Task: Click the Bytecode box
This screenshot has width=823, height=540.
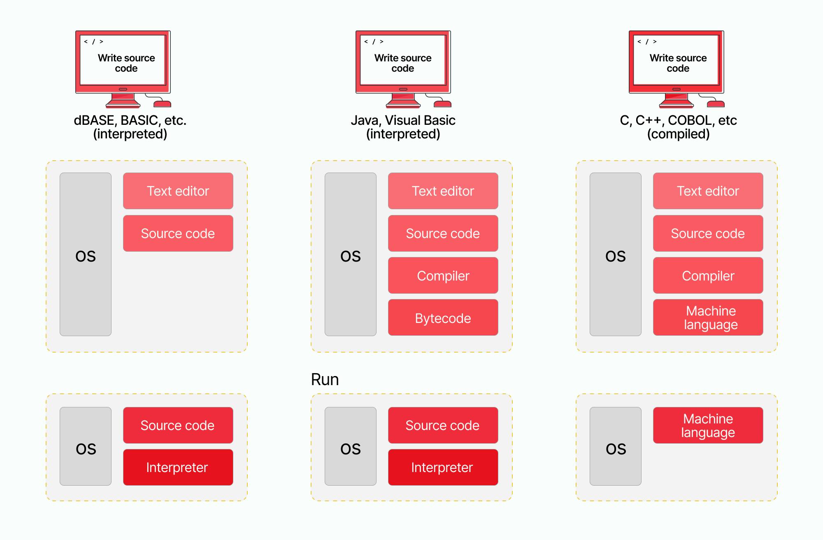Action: pyautogui.click(x=443, y=318)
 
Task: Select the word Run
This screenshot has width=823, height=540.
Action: pyautogui.click(x=325, y=379)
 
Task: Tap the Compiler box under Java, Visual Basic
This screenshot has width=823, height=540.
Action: pyautogui.click(x=443, y=276)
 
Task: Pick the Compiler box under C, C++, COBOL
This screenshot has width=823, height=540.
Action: pyautogui.click(x=708, y=276)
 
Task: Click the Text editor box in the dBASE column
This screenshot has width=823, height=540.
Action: pyautogui.click(x=178, y=191)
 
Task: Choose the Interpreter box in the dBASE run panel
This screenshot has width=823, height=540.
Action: pyautogui.click(x=178, y=467)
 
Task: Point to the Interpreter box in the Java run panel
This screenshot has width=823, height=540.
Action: pyautogui.click(x=443, y=467)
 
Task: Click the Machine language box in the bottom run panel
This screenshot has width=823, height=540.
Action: pyautogui.click(x=708, y=425)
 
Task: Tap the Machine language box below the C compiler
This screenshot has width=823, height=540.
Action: pyautogui.click(x=708, y=318)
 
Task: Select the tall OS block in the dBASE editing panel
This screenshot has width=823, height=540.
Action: pyautogui.click(x=86, y=254)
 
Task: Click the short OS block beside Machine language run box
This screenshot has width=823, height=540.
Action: pyautogui.click(x=615, y=446)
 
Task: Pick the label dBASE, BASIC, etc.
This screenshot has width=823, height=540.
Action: pyautogui.click(x=130, y=120)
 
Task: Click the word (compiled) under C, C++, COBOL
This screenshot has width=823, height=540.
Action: pyautogui.click(x=678, y=134)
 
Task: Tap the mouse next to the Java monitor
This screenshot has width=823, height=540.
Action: pyautogui.click(x=443, y=103)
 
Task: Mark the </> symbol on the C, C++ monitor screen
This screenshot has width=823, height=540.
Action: pyautogui.click(x=646, y=42)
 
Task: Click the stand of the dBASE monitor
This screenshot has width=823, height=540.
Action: pyautogui.click(x=123, y=100)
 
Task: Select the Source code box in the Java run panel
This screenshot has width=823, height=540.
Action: pyautogui.click(x=443, y=425)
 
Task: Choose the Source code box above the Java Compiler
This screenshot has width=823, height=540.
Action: pyautogui.click(x=443, y=234)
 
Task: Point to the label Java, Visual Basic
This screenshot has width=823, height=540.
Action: pyautogui.click(x=403, y=120)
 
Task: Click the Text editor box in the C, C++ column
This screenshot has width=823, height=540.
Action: pyautogui.click(x=708, y=191)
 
